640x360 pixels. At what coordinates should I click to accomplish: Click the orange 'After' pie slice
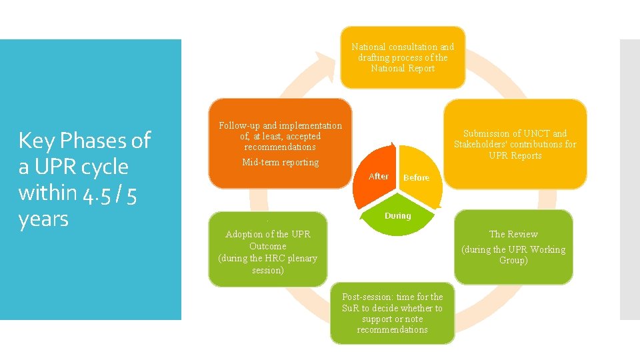point(379,175)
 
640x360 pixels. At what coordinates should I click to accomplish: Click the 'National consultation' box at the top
point(403,57)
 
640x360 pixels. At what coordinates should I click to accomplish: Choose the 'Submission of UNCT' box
point(515,144)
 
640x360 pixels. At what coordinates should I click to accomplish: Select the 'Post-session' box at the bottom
point(392,313)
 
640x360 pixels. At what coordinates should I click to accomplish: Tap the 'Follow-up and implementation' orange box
point(280,135)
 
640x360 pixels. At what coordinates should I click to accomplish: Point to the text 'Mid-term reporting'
point(280,163)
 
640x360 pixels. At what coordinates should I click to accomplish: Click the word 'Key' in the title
point(34,141)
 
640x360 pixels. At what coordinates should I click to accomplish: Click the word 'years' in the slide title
point(44,218)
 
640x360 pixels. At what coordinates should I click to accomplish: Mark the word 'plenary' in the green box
point(301,259)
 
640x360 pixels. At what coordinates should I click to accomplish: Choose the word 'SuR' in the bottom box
point(351,308)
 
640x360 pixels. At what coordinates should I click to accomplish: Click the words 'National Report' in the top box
point(403,69)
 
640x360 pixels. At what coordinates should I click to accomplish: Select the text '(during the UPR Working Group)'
point(513,255)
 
